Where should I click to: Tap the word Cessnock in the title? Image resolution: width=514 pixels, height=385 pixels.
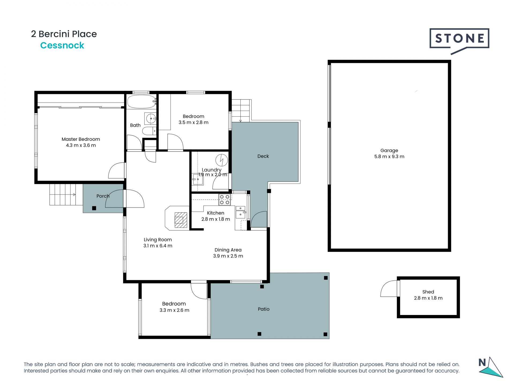point(62,45)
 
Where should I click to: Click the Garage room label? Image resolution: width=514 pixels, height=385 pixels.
point(389,151)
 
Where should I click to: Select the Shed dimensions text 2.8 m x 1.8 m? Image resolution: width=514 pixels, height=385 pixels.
point(428,298)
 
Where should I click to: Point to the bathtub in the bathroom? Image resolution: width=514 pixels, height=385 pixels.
point(142,102)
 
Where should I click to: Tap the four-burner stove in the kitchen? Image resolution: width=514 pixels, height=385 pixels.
point(225,200)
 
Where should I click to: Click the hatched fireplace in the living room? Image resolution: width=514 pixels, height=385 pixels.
point(181,220)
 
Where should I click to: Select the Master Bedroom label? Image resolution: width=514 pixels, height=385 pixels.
point(81,139)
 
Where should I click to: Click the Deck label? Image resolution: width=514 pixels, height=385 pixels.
point(263,156)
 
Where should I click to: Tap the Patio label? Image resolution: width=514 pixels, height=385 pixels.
point(263,309)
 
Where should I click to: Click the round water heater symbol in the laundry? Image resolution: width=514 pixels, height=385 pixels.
point(222,160)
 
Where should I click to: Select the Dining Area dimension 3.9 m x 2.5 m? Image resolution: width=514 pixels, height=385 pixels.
point(228,256)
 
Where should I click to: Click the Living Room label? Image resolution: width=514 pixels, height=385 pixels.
point(158,240)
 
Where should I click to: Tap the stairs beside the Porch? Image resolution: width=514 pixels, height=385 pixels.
point(66,195)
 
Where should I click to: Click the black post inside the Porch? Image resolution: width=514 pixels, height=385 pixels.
point(94,208)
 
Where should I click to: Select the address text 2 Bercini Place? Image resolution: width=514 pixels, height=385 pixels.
point(64,34)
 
